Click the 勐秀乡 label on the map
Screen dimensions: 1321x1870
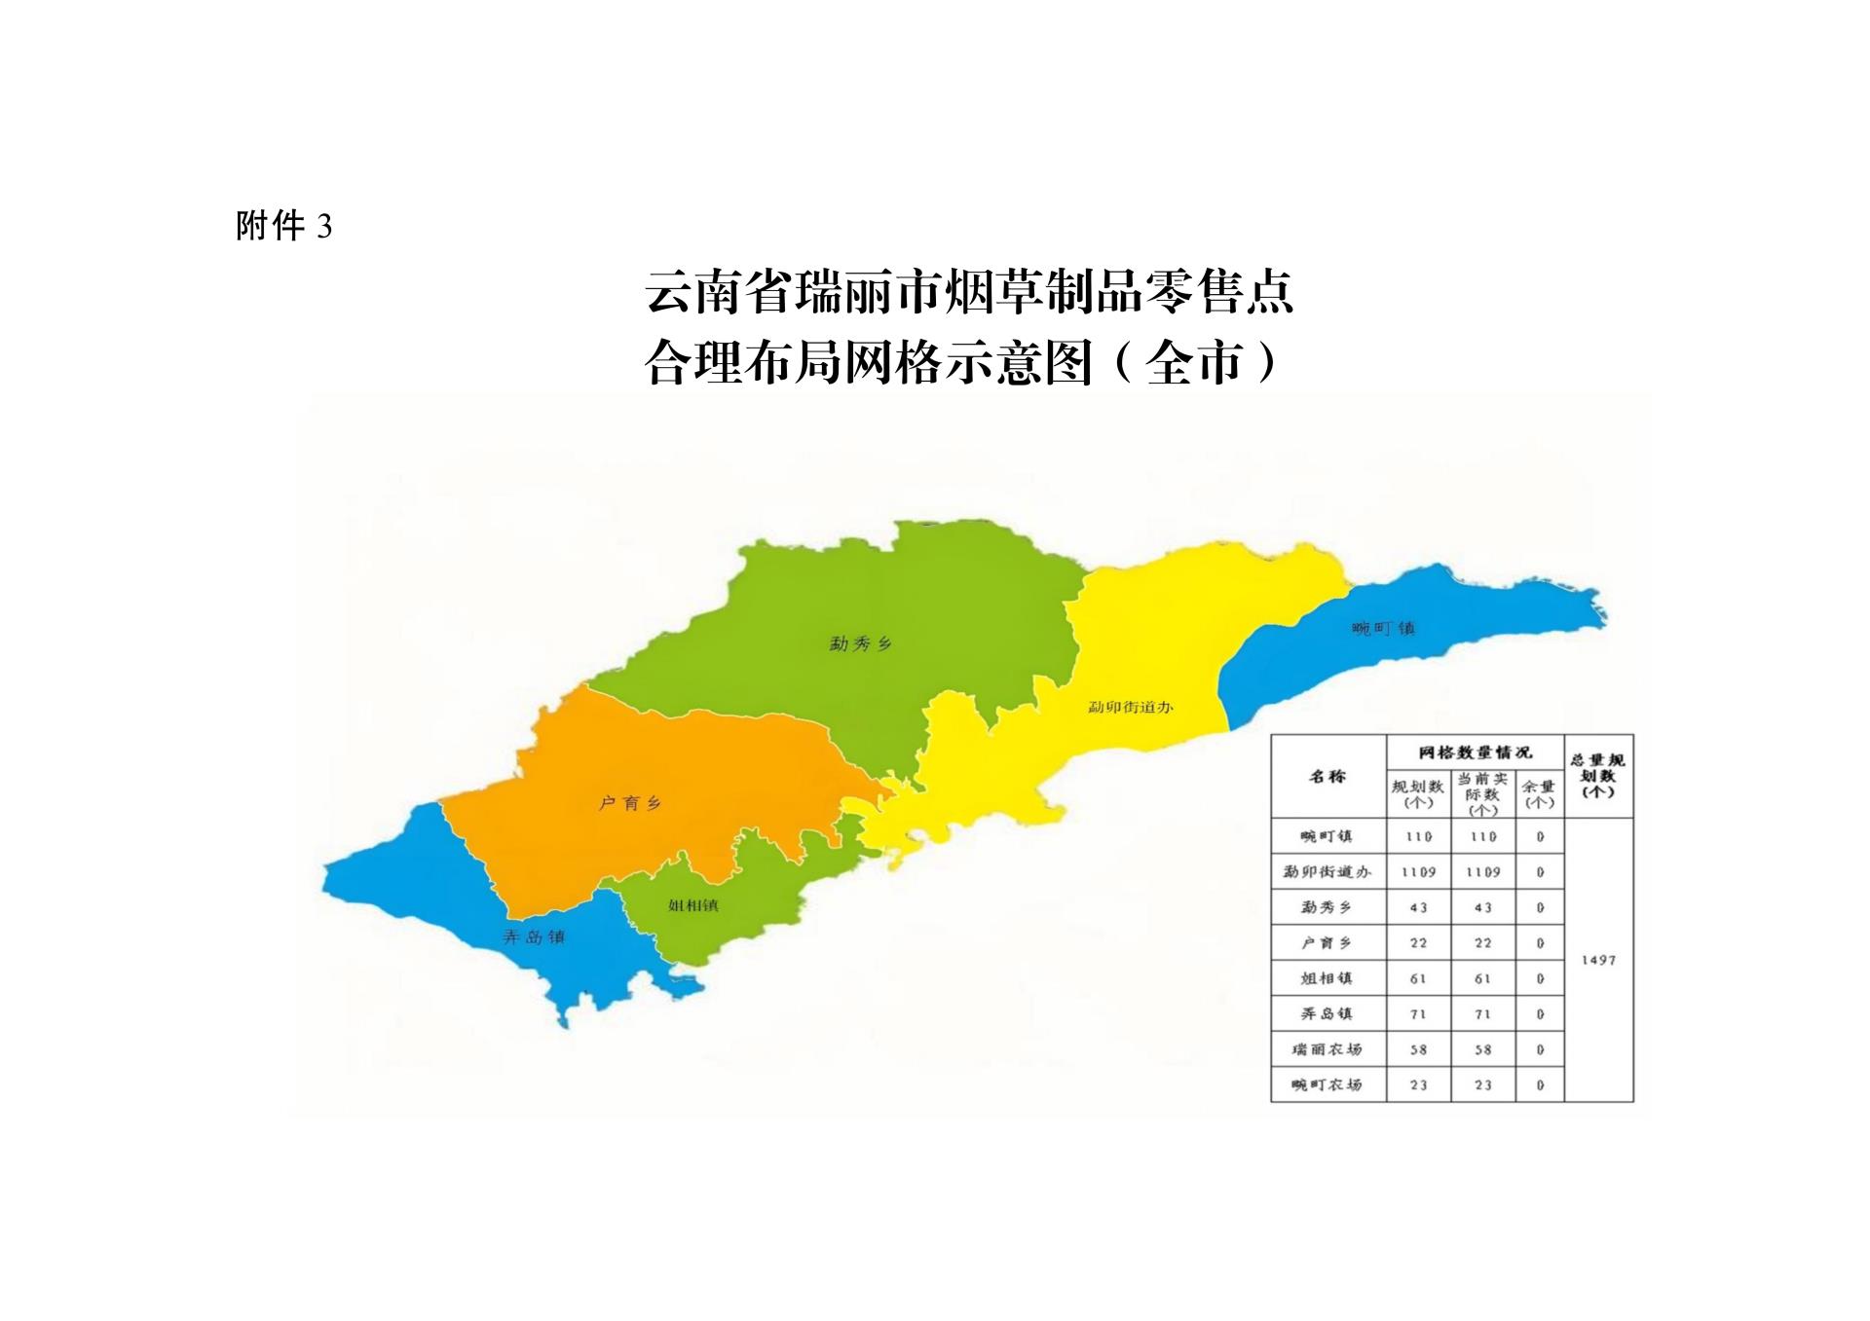coord(860,643)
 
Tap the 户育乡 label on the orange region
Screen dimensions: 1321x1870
coord(630,803)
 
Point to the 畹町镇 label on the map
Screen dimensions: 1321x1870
coord(1383,629)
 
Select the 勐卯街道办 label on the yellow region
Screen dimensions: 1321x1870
coord(1131,707)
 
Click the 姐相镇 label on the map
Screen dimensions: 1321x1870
coord(693,905)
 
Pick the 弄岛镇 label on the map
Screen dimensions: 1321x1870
coord(534,937)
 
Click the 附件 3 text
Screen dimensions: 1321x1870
coord(283,227)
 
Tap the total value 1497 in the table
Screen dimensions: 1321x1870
coord(1598,960)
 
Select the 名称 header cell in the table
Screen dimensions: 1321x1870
coord(1328,777)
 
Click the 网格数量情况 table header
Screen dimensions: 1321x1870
coord(1475,752)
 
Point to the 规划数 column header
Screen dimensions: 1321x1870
coord(1418,793)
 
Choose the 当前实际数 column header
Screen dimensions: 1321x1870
coord(1482,793)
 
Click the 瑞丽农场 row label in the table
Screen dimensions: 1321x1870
coord(1327,1049)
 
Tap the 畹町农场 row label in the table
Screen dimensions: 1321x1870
coord(1327,1084)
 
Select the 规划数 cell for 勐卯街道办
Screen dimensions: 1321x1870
coord(1418,872)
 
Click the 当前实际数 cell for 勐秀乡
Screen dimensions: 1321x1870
coord(1482,907)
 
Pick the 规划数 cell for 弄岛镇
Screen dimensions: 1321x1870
coord(1418,1014)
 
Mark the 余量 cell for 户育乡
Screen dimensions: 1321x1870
coord(1540,943)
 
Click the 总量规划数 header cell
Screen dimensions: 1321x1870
coord(1598,775)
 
